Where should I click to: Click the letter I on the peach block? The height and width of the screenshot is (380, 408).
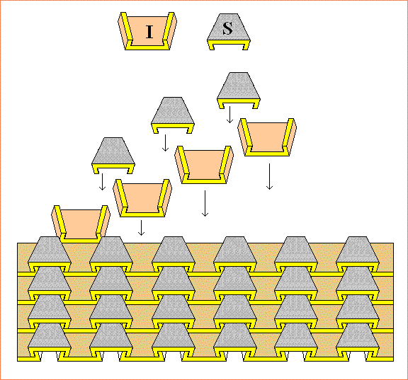[x=149, y=32]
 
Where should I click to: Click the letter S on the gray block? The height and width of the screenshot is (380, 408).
[x=227, y=28]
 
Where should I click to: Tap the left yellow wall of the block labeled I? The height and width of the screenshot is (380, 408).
[x=127, y=29]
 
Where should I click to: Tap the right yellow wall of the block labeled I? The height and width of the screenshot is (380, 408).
[x=168, y=29]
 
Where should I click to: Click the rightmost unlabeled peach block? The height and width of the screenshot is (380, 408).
[x=267, y=137]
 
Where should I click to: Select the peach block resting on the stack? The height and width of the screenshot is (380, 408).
[x=81, y=224]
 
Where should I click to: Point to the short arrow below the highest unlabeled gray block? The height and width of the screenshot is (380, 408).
[x=229, y=115]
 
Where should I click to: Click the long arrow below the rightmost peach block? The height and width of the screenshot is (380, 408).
[x=269, y=176]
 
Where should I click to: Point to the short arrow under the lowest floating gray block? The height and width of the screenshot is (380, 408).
[x=102, y=182]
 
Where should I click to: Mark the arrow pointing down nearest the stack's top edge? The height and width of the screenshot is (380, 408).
[x=141, y=228]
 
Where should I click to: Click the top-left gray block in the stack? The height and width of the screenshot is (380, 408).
[x=49, y=251]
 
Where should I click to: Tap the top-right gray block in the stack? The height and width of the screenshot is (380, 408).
[x=357, y=251]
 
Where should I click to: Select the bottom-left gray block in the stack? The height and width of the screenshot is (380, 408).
[x=49, y=335]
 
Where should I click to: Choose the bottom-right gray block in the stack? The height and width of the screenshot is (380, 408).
[x=357, y=335]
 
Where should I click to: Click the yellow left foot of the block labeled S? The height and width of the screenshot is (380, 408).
[x=211, y=47]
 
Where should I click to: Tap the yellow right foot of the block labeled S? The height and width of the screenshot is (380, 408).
[x=246, y=47]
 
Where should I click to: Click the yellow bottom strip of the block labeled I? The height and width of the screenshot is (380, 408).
[x=147, y=48]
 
